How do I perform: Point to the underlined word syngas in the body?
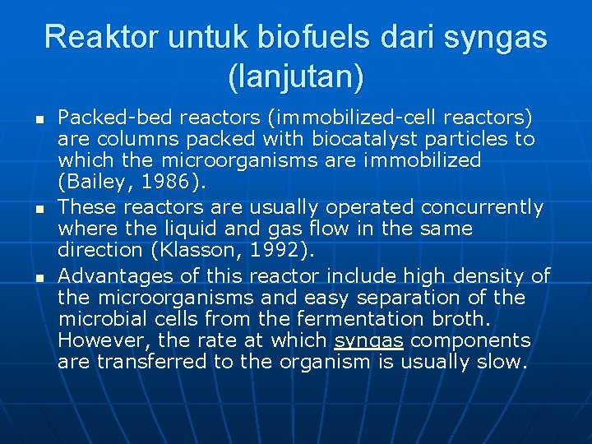(x=368, y=341)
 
